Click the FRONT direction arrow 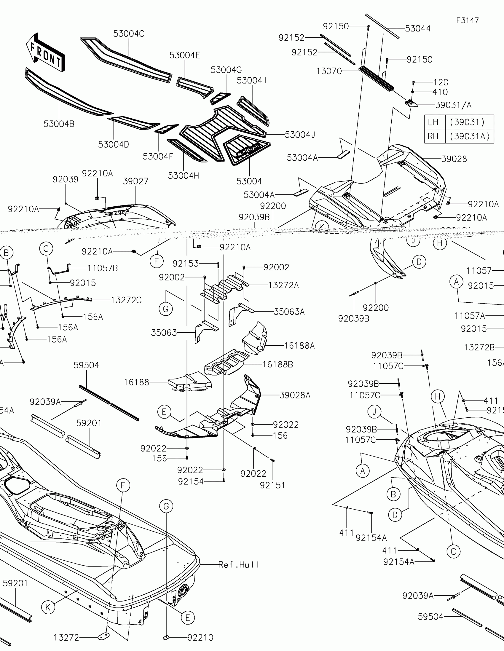tap(46, 53)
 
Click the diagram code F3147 tap(467, 20)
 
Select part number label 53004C tap(129, 34)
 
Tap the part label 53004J tap(300, 135)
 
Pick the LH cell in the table tap(433, 122)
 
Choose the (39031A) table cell tap(470, 136)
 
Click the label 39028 tap(454, 159)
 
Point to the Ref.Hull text tap(239, 564)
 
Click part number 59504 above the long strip tap(87, 365)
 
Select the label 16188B tap(277, 364)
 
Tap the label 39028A tap(295, 395)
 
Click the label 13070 tap(329, 71)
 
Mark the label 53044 tap(417, 29)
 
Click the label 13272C tap(126, 300)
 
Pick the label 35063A tap(289, 312)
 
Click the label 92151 tap(272, 485)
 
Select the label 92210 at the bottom tap(200, 638)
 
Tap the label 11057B tap(102, 268)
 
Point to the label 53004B tap(59, 124)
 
